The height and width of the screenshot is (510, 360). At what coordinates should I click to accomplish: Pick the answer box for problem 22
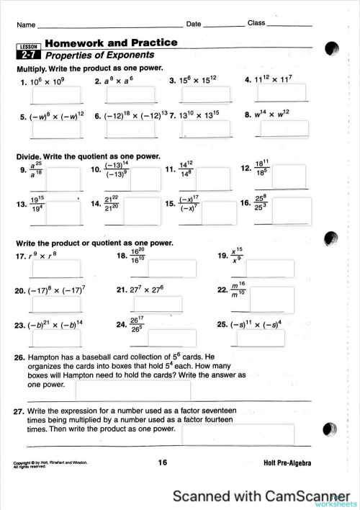click(273, 299)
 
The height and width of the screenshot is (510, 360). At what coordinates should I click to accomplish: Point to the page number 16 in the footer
click(163, 463)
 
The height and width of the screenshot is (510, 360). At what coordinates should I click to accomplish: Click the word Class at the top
click(256, 23)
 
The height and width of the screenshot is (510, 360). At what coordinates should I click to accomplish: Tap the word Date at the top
click(194, 24)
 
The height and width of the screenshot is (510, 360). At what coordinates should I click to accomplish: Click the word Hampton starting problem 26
click(47, 357)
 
